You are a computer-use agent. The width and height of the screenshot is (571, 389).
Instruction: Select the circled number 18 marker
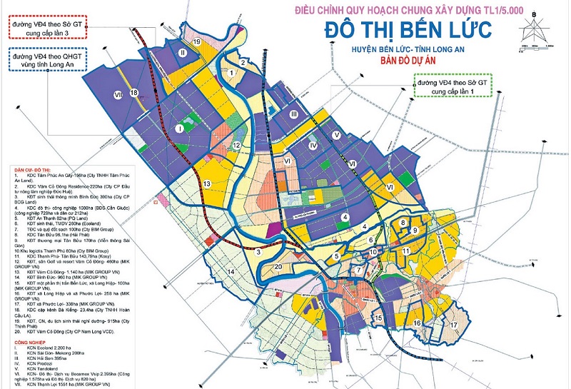tap(133, 94)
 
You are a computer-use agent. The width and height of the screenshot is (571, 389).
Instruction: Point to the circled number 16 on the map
tap(415, 323)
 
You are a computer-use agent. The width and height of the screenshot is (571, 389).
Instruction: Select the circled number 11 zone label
tap(405, 251)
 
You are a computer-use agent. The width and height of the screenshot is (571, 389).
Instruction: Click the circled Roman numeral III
tap(293, 114)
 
